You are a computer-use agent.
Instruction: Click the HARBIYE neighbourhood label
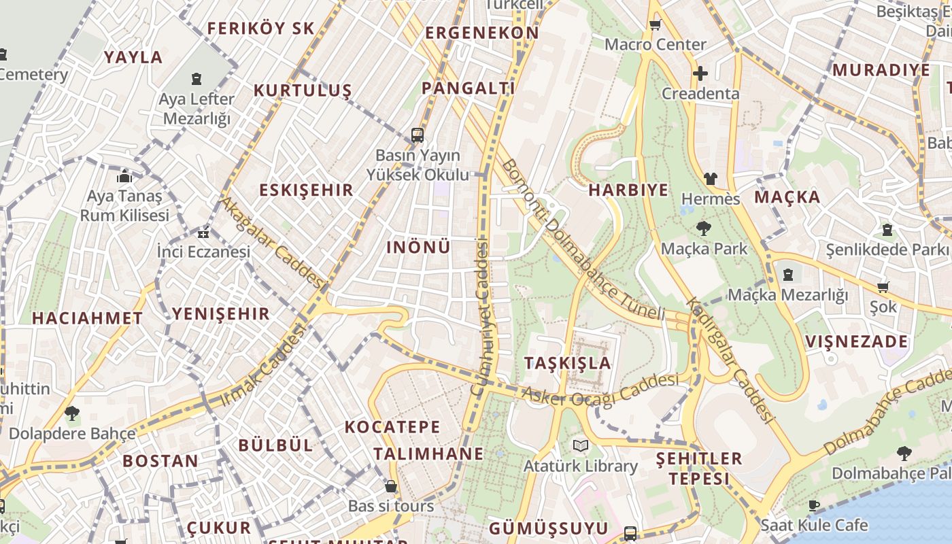[x=628, y=190]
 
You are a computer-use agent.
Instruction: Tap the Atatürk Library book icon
[x=580, y=445]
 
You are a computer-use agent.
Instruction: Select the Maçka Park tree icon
[x=703, y=228]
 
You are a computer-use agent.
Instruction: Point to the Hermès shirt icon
[x=710, y=179]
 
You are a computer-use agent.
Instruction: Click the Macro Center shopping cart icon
[x=655, y=25]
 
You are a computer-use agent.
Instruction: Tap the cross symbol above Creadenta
[x=700, y=73]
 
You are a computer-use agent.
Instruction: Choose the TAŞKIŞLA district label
[x=568, y=363]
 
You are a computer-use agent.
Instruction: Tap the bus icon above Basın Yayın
[x=418, y=135]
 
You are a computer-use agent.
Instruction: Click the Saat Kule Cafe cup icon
[x=814, y=505]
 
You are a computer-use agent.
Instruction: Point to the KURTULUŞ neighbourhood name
[x=303, y=90]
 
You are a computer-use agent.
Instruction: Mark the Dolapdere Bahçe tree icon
[x=71, y=413]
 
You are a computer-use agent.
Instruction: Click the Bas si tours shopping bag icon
[x=391, y=486]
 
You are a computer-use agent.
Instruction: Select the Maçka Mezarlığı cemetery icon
[x=787, y=275]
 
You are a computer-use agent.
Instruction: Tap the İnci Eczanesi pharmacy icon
[x=203, y=233]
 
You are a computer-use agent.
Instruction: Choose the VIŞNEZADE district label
[x=856, y=341]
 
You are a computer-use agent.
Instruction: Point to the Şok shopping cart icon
[x=883, y=287]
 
